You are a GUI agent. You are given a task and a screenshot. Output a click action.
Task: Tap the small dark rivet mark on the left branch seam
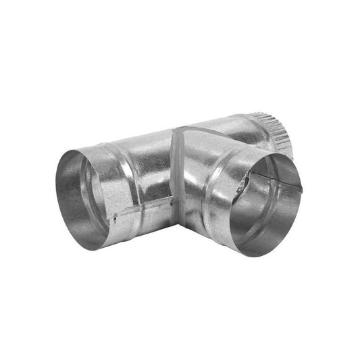(x=115, y=217)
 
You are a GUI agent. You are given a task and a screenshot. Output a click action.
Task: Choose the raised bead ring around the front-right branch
(x=215, y=196)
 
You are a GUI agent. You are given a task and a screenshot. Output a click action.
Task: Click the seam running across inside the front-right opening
(x=270, y=177)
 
